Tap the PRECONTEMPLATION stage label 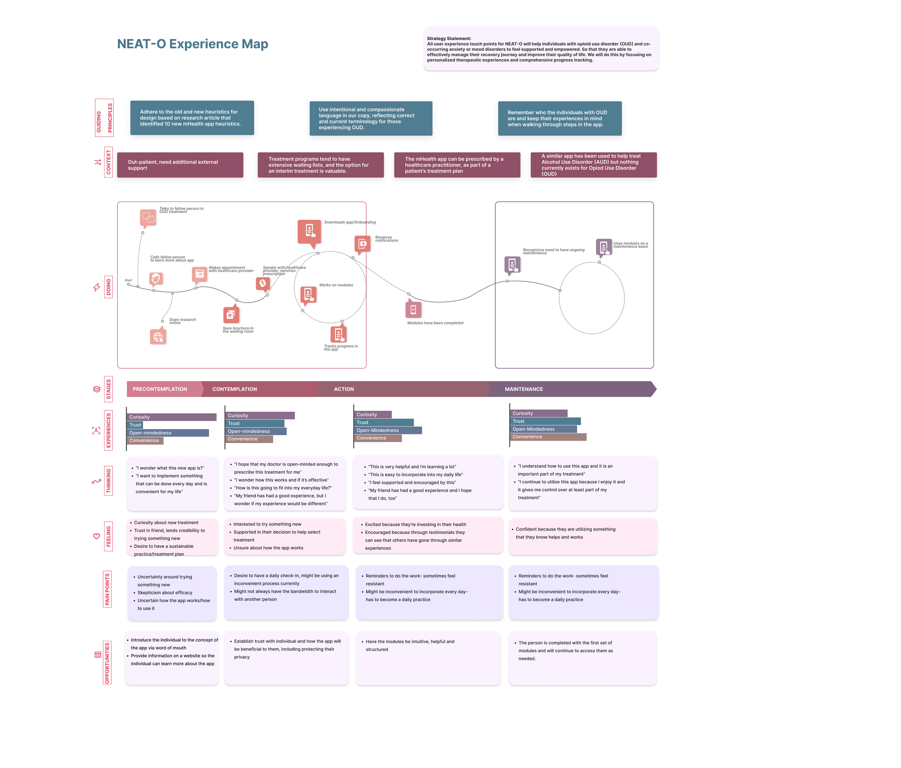click(x=160, y=389)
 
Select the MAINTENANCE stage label click(x=524, y=389)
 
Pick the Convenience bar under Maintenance click(x=548, y=437)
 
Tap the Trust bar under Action click(x=383, y=423)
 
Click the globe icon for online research click(x=158, y=336)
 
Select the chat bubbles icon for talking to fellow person click(x=148, y=217)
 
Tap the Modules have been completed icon click(x=413, y=309)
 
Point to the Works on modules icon click(x=308, y=294)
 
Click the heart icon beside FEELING click(x=97, y=536)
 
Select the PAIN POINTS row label click(x=107, y=589)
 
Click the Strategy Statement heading click(x=449, y=39)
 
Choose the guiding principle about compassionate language click(x=370, y=118)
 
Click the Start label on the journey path click(x=128, y=280)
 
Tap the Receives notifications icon click(x=362, y=244)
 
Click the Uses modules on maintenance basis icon click(x=604, y=247)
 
